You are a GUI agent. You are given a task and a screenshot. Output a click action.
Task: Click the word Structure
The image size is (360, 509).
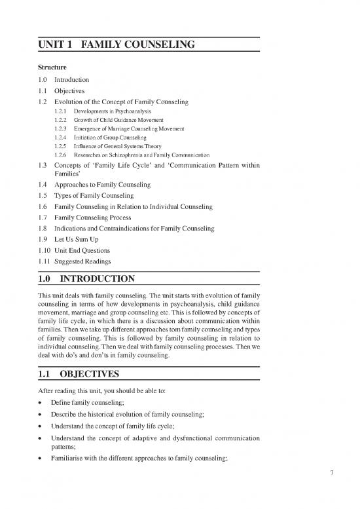[51, 66]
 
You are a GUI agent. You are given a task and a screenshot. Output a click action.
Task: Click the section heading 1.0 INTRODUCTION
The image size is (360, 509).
[91, 278]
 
